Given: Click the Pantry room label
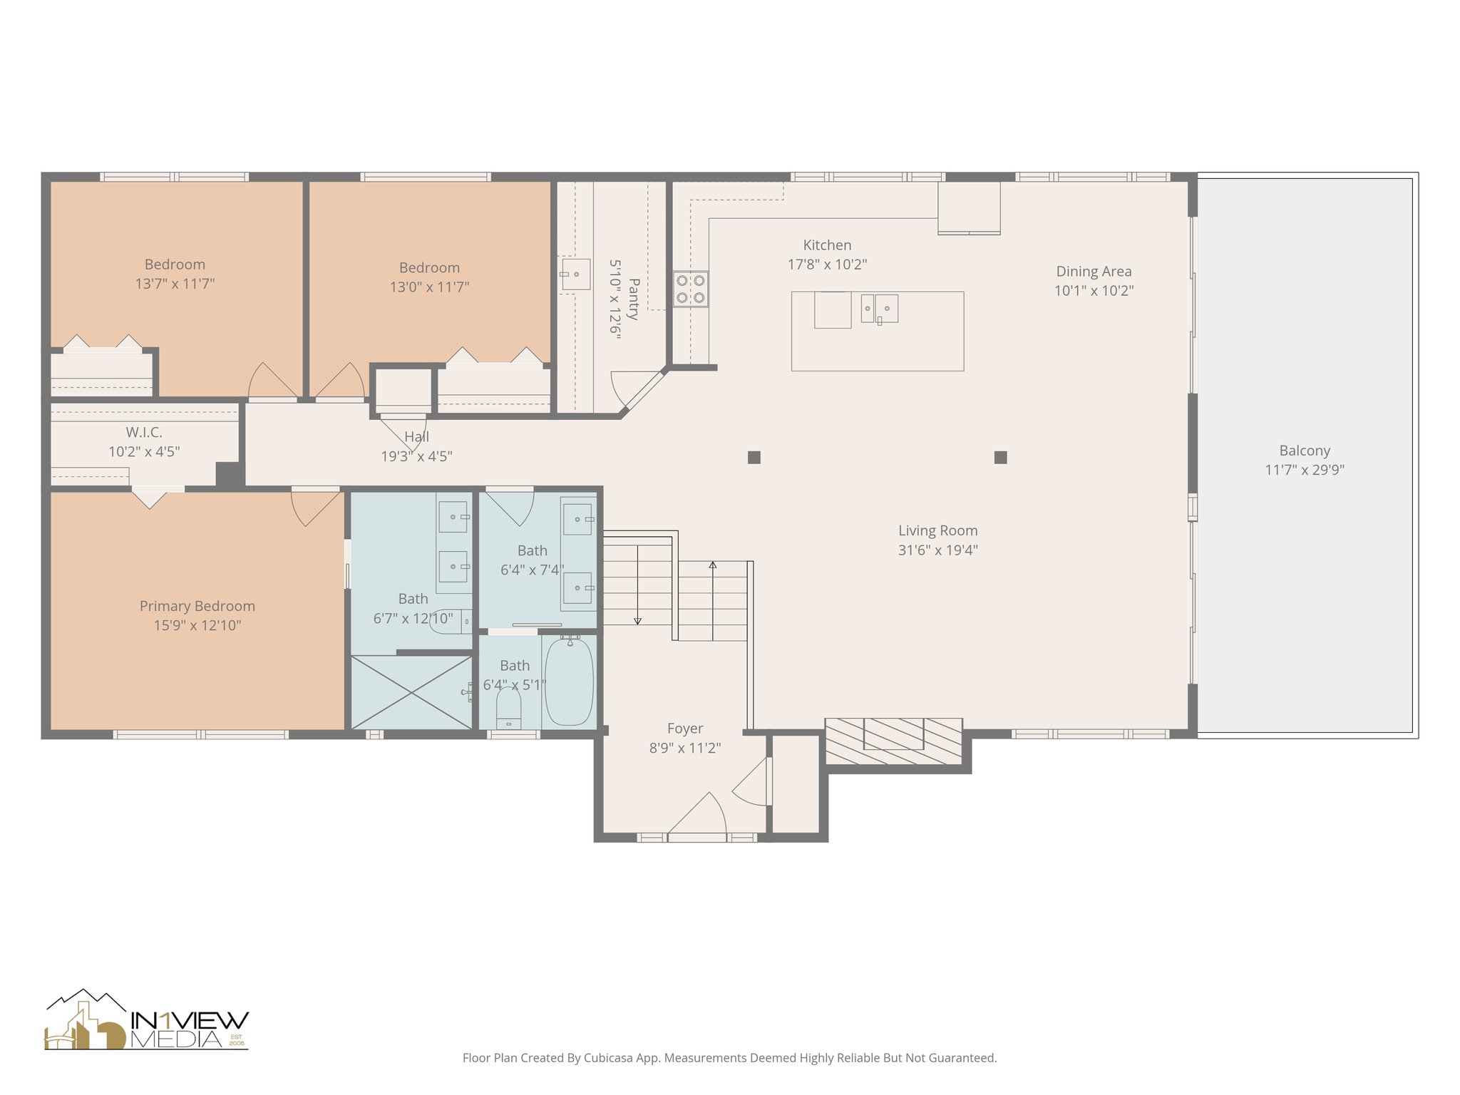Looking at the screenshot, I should [x=633, y=299].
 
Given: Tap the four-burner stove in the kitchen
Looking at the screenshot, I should [x=690, y=289].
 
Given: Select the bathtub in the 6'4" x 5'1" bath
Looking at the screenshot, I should [x=569, y=682].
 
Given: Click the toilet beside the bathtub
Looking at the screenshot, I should [x=508, y=708].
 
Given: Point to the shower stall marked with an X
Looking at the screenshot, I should [x=411, y=692].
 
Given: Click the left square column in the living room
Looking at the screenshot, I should [x=754, y=458].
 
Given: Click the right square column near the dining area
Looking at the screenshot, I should [x=1000, y=458].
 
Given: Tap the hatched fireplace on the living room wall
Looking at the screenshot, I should [x=894, y=741].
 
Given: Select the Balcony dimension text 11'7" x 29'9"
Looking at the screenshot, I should [x=1304, y=470].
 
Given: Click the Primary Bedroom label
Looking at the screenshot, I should [x=197, y=606].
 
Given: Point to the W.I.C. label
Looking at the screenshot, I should [x=144, y=432].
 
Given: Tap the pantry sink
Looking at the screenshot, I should [x=576, y=274].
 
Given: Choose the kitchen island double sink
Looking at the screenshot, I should [x=879, y=309].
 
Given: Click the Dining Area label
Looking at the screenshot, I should [x=1094, y=272].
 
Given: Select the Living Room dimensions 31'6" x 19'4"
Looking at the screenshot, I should [x=937, y=550].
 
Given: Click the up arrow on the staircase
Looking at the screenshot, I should [x=713, y=567].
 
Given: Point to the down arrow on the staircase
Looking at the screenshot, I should [x=637, y=620].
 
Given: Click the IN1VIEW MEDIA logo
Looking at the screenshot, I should [x=147, y=1021].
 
